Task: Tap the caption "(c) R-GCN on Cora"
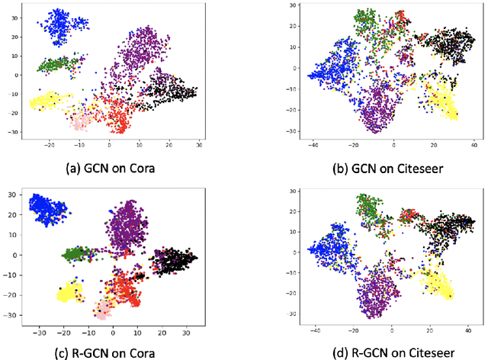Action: coord(113,352)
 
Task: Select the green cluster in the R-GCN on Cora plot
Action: coord(77,253)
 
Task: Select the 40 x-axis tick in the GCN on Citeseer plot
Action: coord(474,144)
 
